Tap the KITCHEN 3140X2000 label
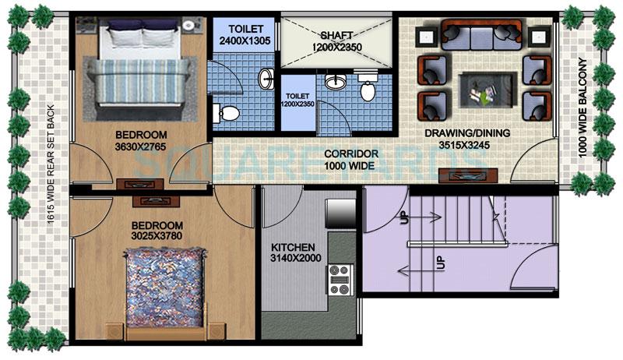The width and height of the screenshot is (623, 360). click(295, 252)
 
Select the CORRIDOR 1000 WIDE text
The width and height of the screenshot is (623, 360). click(352, 160)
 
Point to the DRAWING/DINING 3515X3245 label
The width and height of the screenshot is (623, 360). click(467, 139)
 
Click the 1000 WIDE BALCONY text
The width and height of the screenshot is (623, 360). click(582, 110)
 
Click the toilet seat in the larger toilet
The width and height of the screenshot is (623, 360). click(226, 114)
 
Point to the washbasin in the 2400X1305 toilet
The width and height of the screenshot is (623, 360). click(266, 78)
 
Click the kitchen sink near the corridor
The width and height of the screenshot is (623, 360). click(340, 211)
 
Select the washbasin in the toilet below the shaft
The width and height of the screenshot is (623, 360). click(336, 81)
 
